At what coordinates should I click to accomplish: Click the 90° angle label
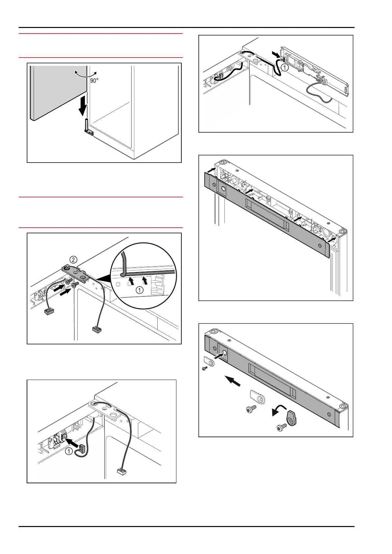coord(94,80)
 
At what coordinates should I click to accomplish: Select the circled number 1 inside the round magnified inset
coord(140,290)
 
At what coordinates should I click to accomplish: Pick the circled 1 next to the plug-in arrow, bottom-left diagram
coord(68,451)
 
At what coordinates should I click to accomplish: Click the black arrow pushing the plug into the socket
coord(73,442)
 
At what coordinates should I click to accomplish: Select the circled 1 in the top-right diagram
coord(285,67)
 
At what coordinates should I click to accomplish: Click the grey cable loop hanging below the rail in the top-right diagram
coord(319,95)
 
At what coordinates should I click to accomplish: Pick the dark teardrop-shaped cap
coord(292,418)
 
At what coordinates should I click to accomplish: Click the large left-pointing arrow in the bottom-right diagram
coord(232,381)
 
